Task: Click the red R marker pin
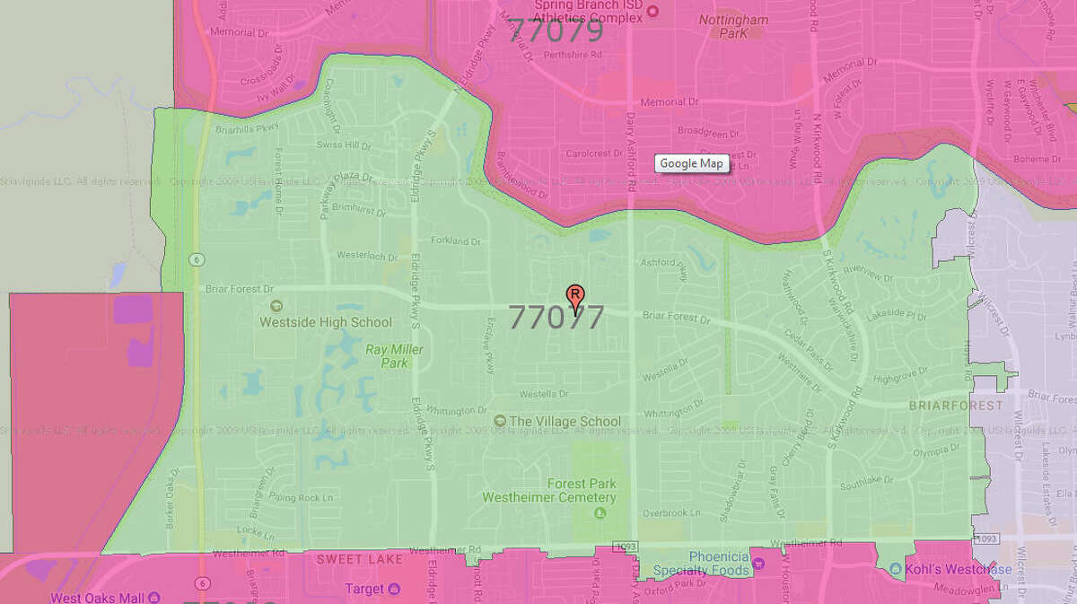(x=574, y=295)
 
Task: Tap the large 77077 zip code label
(x=556, y=317)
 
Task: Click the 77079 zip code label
(x=556, y=31)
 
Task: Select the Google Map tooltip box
(x=691, y=163)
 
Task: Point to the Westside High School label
(x=326, y=321)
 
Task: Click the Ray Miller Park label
(x=387, y=355)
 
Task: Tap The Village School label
(x=565, y=421)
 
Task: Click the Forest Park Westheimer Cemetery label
(x=549, y=490)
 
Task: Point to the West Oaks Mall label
(x=99, y=597)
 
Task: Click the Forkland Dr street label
(x=450, y=241)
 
